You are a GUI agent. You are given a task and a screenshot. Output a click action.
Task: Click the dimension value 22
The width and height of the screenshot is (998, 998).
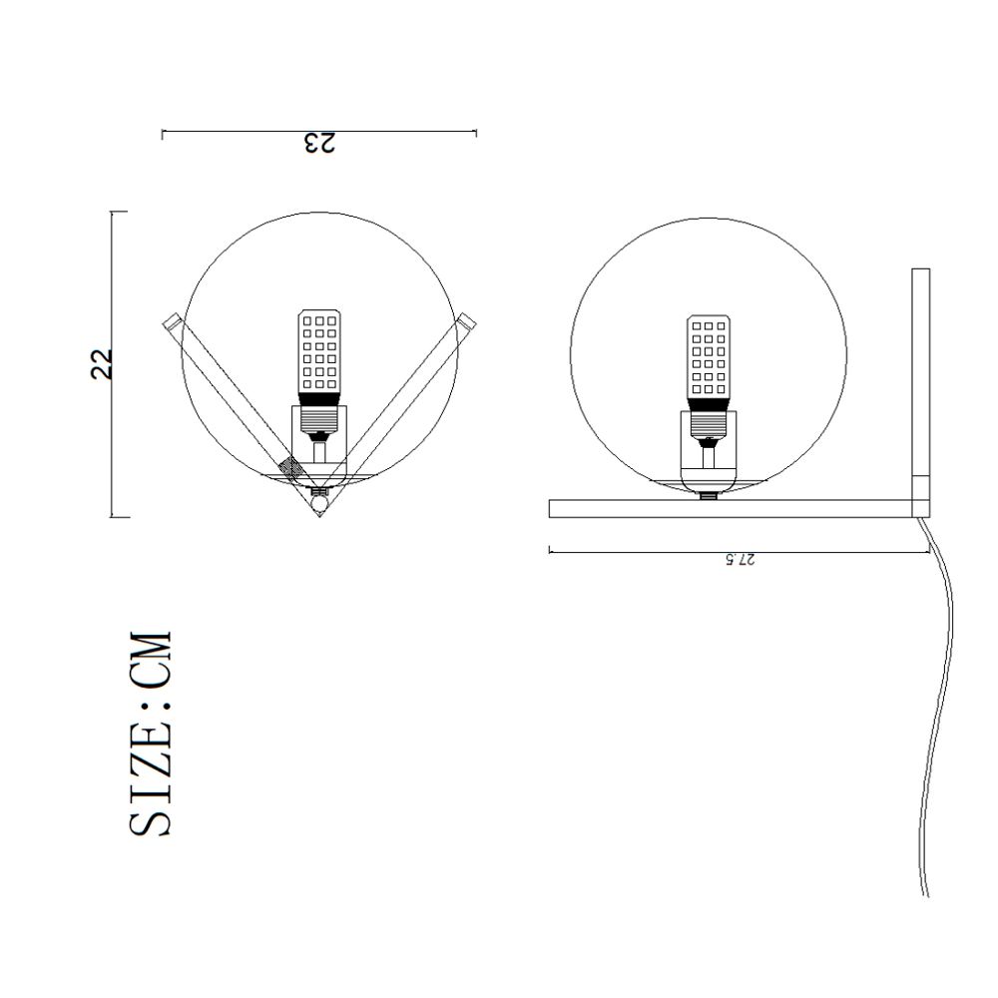(x=102, y=363)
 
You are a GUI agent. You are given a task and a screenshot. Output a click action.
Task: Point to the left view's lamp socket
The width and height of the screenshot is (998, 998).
(x=319, y=432)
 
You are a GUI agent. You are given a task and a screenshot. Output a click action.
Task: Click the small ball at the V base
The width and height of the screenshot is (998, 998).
(x=318, y=505)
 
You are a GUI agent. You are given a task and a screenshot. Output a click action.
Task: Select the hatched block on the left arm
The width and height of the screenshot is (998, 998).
(x=291, y=468)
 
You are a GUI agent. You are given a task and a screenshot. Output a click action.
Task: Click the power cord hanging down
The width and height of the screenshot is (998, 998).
(x=944, y=699)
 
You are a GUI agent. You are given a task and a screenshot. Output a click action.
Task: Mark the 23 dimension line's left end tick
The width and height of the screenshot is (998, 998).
(x=163, y=132)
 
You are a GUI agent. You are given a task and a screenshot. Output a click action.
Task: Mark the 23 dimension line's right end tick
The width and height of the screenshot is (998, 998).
(x=476, y=132)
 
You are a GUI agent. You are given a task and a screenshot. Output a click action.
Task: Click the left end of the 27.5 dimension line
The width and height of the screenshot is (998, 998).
(x=550, y=550)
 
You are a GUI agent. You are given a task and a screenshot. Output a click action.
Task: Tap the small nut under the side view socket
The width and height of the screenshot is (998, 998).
(x=709, y=494)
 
